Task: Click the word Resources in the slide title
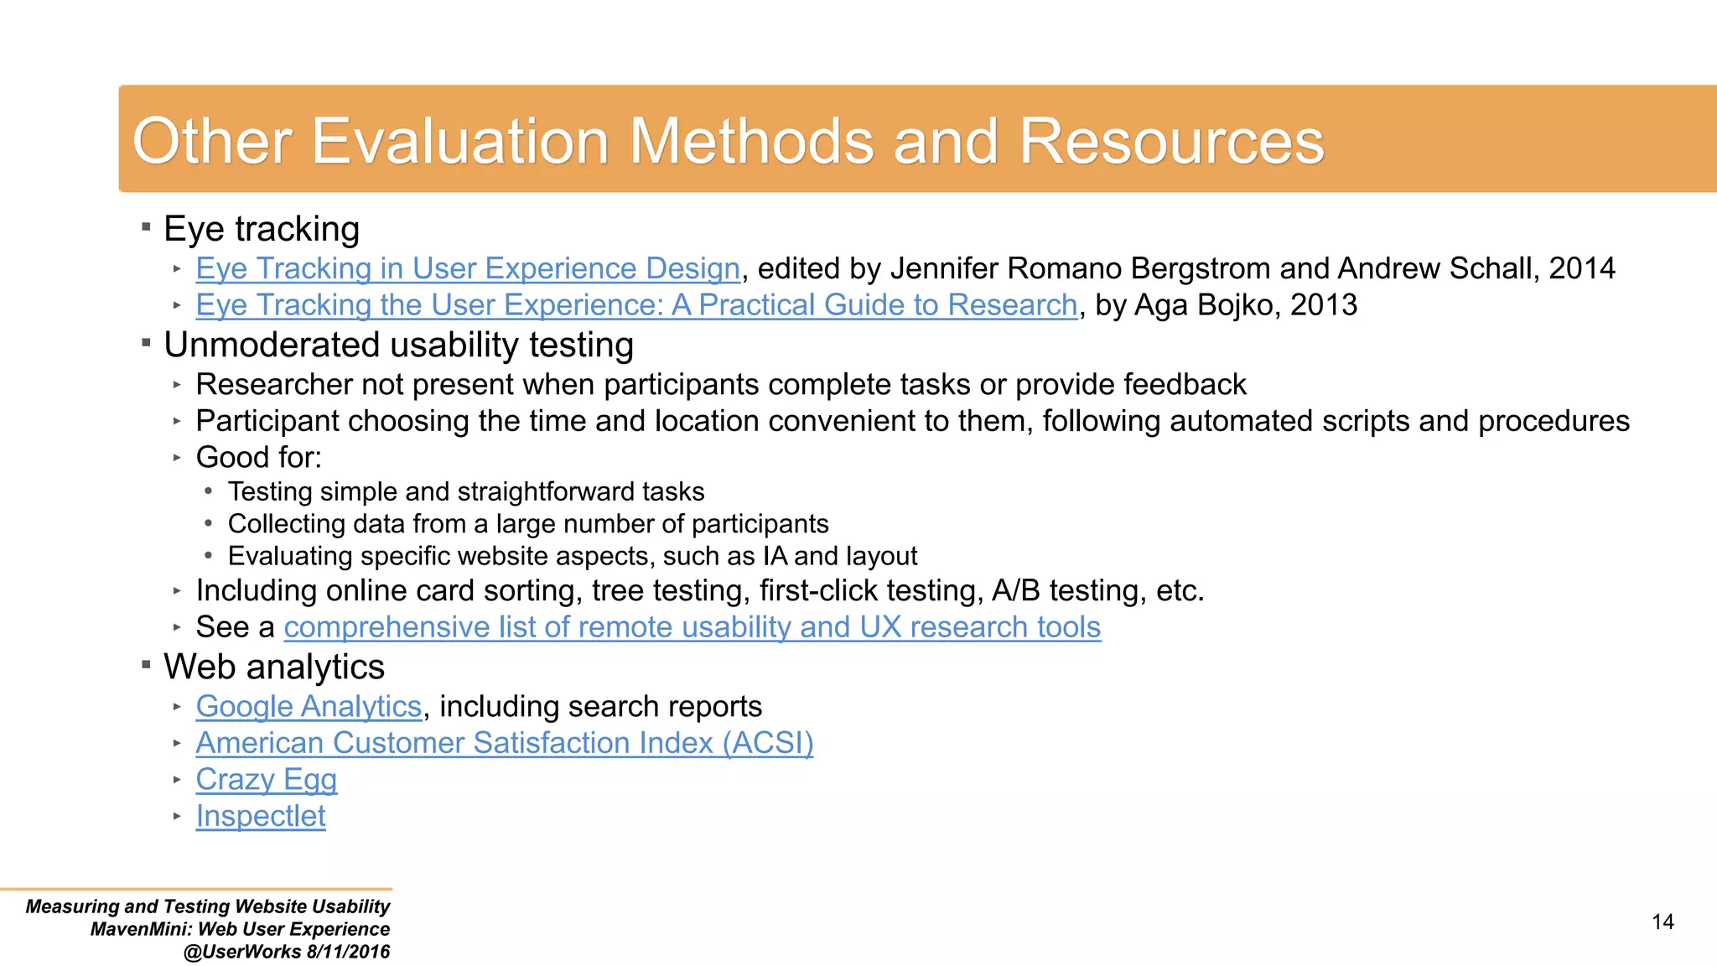[1171, 141]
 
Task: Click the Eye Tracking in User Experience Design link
[468, 268]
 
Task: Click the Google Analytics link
[309, 706]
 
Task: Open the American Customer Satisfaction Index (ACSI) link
[505, 743]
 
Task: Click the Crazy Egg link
[266, 779]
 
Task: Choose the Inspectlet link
[261, 816]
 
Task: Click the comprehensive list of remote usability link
[692, 627]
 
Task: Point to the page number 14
[1663, 922]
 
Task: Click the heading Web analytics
[274, 667]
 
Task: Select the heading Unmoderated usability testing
[398, 345]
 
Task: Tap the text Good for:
[258, 457]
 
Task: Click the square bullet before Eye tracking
[146, 226]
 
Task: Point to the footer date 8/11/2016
[349, 952]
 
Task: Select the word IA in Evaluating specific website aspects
[774, 556]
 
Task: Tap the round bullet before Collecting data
[209, 523]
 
